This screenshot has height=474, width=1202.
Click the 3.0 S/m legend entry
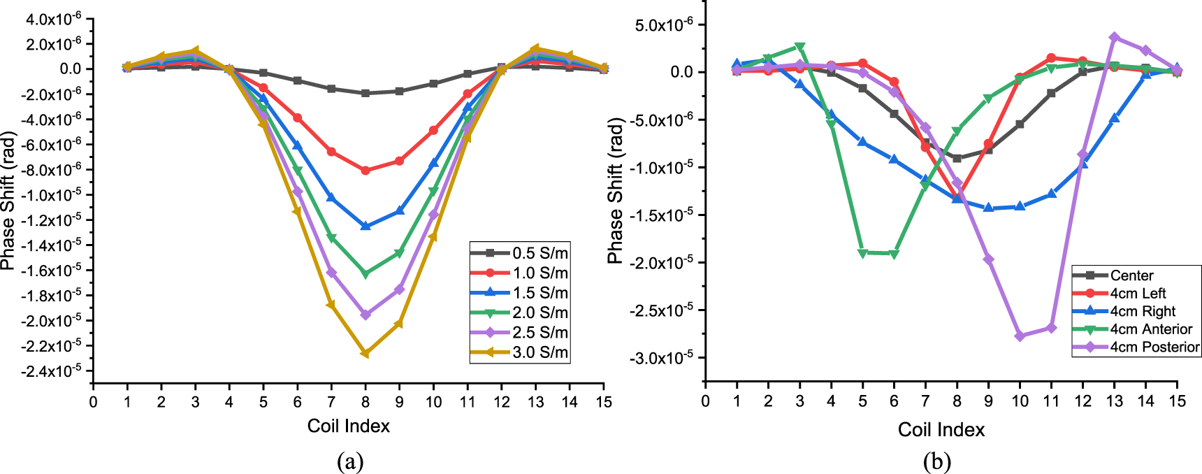[x=520, y=352]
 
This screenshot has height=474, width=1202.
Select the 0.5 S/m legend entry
[x=520, y=253]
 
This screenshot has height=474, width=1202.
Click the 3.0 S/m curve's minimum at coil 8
[x=365, y=354]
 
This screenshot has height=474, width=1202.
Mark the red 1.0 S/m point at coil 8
[x=365, y=171]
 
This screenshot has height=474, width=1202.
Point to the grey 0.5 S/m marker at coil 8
[x=365, y=93]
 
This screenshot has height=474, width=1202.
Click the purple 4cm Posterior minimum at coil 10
[x=1020, y=336]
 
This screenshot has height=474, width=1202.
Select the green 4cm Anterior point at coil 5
[x=862, y=253]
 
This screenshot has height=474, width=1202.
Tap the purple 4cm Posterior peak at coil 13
[x=1114, y=37]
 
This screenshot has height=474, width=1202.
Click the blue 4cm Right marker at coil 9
[x=988, y=208]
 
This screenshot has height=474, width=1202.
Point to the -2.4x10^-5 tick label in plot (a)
[x=50, y=371]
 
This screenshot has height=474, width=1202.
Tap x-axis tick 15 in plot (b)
[x=1177, y=401]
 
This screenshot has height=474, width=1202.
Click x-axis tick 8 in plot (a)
[x=365, y=402]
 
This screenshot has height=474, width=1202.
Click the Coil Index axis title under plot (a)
[x=348, y=426]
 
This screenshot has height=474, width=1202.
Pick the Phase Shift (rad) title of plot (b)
[x=615, y=191]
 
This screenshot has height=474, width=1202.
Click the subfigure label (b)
[x=936, y=461]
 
